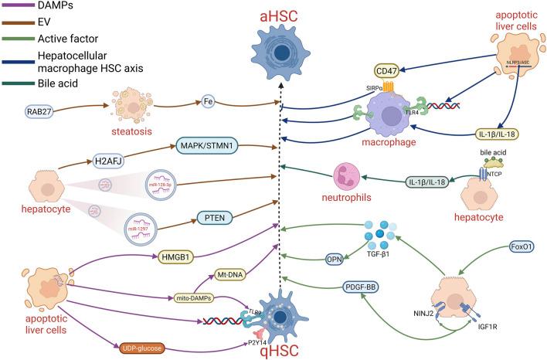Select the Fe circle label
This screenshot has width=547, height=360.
pyautogui.click(x=208, y=100)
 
